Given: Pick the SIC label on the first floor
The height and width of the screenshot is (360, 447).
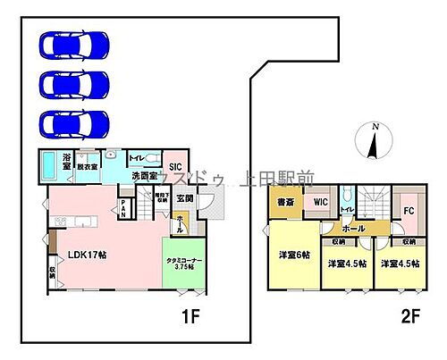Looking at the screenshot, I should coord(175,166).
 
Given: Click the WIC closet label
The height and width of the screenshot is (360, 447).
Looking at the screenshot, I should coord(320,203).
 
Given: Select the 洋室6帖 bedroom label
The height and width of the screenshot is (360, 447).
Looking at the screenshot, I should coord(291,255).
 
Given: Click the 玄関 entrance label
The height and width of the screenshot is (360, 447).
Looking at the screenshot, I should coord(184,198).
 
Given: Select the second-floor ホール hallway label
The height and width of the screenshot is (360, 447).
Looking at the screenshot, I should coord(353,229).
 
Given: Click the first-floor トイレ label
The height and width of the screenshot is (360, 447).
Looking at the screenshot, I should coord(137,157).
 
